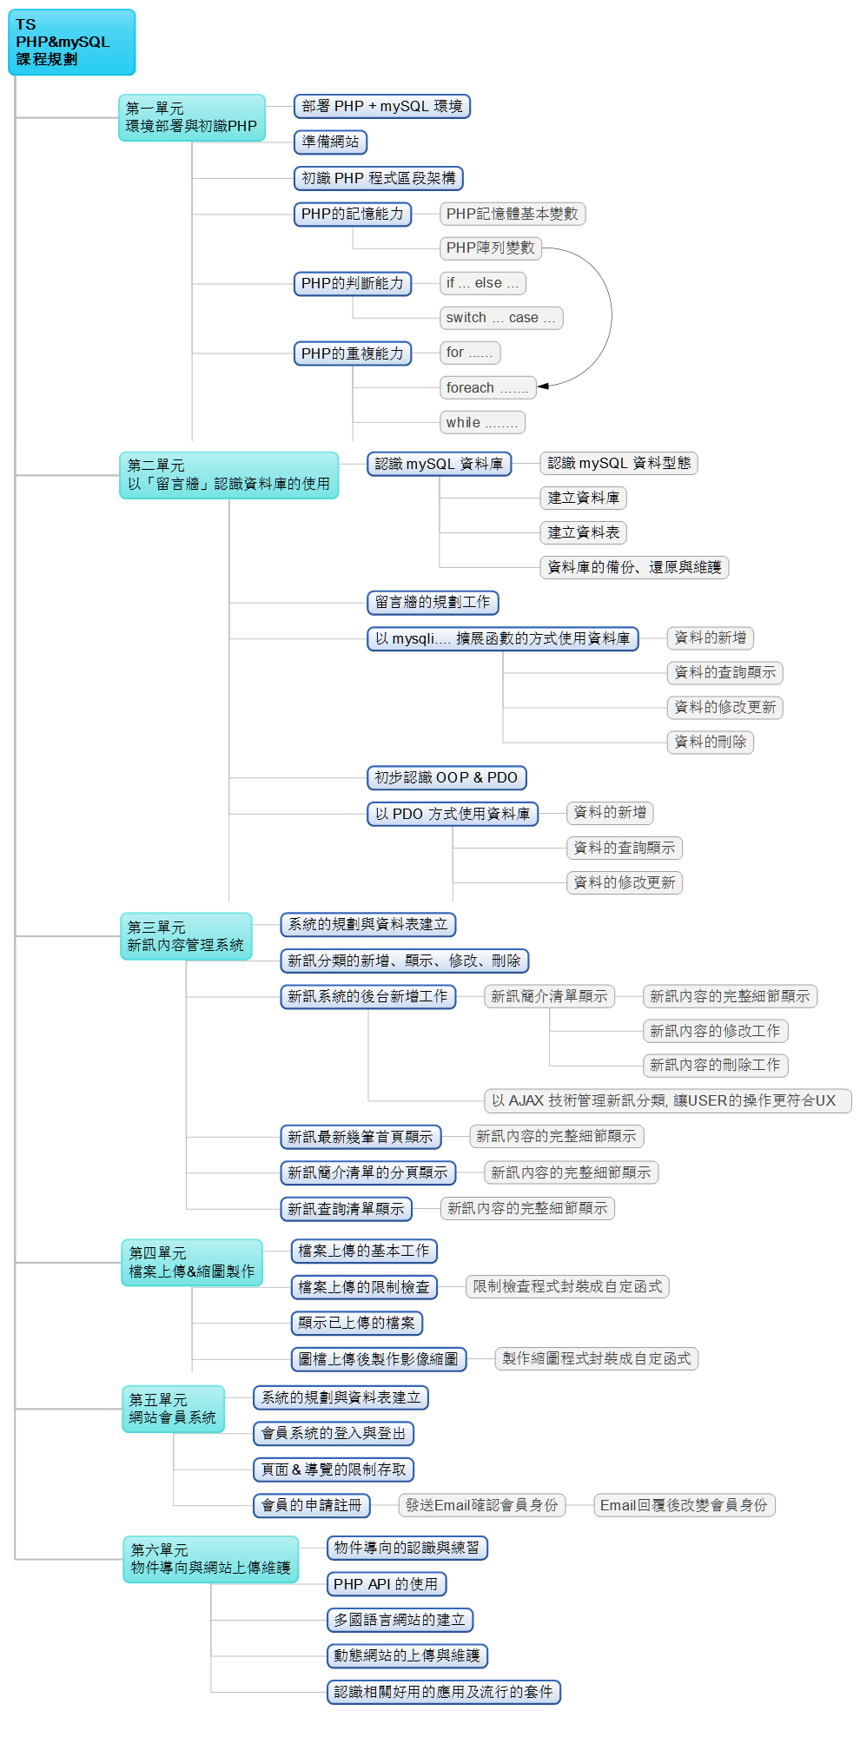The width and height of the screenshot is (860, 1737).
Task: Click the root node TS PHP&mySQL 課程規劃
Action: (x=71, y=42)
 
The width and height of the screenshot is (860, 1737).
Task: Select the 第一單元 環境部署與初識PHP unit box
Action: (x=191, y=117)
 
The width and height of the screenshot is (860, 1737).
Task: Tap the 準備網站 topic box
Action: (x=330, y=142)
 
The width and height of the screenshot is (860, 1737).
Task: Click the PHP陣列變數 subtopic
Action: (x=490, y=248)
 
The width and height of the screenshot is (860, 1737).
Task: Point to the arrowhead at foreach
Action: (x=543, y=386)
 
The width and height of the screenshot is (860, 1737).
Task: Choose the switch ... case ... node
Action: (x=500, y=318)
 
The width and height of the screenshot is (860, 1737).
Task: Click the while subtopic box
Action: (x=481, y=423)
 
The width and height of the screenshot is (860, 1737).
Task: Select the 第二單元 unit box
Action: (x=228, y=475)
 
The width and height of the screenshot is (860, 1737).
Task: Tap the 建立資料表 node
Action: (x=583, y=532)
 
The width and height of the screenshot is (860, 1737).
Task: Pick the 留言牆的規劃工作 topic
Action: (x=433, y=603)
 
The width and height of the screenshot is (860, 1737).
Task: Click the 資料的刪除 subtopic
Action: (x=710, y=742)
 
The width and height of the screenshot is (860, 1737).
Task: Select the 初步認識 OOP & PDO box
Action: (x=447, y=778)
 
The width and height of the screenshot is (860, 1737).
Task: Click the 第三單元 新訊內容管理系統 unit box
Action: (x=185, y=936)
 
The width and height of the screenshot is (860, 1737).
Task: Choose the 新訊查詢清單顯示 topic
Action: (x=346, y=1209)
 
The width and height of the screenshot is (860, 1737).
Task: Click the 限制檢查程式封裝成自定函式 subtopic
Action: (x=567, y=1286)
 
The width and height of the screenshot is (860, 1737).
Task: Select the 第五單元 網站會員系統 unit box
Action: (x=173, y=1409)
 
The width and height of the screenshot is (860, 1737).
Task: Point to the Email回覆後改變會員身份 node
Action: (x=684, y=1505)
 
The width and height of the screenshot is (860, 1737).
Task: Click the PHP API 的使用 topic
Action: (x=386, y=1584)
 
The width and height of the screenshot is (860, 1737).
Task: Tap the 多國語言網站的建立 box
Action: (x=400, y=1620)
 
